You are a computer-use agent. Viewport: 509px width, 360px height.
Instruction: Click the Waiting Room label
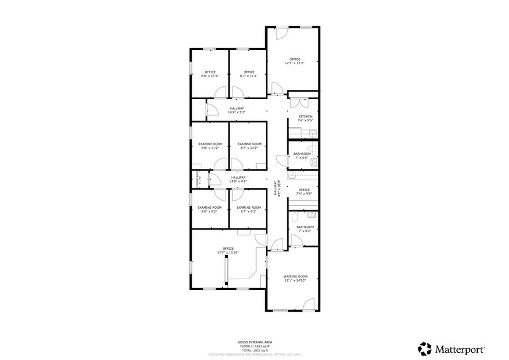[295, 277]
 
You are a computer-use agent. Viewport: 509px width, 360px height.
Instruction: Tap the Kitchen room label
[305, 116]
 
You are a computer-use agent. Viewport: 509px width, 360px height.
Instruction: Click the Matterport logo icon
[424, 348]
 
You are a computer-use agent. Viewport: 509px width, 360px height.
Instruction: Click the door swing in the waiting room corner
[309, 304]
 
